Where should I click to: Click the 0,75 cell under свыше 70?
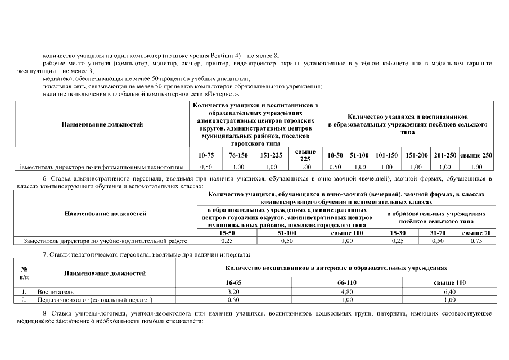pos(476,241)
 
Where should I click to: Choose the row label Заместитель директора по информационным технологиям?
pos(101,167)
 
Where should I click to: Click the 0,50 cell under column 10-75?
pos(206,167)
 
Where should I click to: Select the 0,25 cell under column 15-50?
pos(227,241)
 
